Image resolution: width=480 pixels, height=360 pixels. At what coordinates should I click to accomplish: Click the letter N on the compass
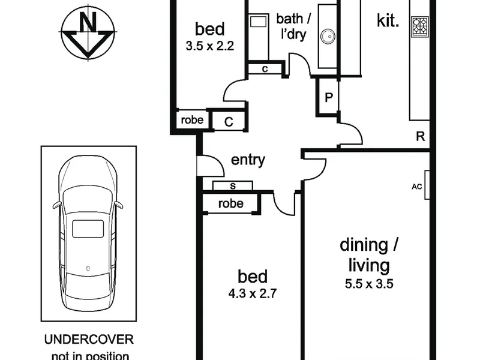(x=88, y=22)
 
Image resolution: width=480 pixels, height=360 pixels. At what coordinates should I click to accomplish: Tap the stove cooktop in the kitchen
(x=419, y=26)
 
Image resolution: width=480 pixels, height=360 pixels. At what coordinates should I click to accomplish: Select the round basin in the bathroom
(x=328, y=37)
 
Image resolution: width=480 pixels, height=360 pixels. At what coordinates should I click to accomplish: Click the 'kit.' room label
(x=388, y=20)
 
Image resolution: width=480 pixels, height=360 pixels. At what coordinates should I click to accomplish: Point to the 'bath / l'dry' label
(x=293, y=26)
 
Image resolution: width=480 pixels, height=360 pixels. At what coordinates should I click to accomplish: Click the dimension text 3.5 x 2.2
(x=209, y=46)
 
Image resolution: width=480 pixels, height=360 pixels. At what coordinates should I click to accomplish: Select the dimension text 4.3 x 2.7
(x=253, y=293)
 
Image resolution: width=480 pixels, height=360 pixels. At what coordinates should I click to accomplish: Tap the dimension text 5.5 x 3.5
(x=369, y=284)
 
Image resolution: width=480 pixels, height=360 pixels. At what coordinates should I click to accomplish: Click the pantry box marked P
(x=328, y=97)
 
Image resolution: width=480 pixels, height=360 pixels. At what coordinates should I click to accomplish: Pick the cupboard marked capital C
(x=229, y=122)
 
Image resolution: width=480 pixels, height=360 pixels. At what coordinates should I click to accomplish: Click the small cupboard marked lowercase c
(x=265, y=69)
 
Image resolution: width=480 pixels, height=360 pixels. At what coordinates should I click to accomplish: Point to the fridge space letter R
(x=421, y=136)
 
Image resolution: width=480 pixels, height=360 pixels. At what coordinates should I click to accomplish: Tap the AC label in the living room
(x=416, y=187)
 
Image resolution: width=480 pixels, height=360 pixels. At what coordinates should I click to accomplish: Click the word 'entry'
(x=248, y=160)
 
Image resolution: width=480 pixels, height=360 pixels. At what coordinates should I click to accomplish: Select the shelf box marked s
(x=233, y=186)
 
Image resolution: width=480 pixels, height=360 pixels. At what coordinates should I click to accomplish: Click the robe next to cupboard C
(x=192, y=119)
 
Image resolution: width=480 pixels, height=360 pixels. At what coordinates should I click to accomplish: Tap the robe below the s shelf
(x=231, y=203)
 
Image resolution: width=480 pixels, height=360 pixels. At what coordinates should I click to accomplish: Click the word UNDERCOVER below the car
(x=89, y=340)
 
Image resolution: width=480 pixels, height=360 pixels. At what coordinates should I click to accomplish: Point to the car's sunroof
(x=88, y=229)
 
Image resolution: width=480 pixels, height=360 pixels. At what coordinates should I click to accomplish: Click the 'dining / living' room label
(x=369, y=256)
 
